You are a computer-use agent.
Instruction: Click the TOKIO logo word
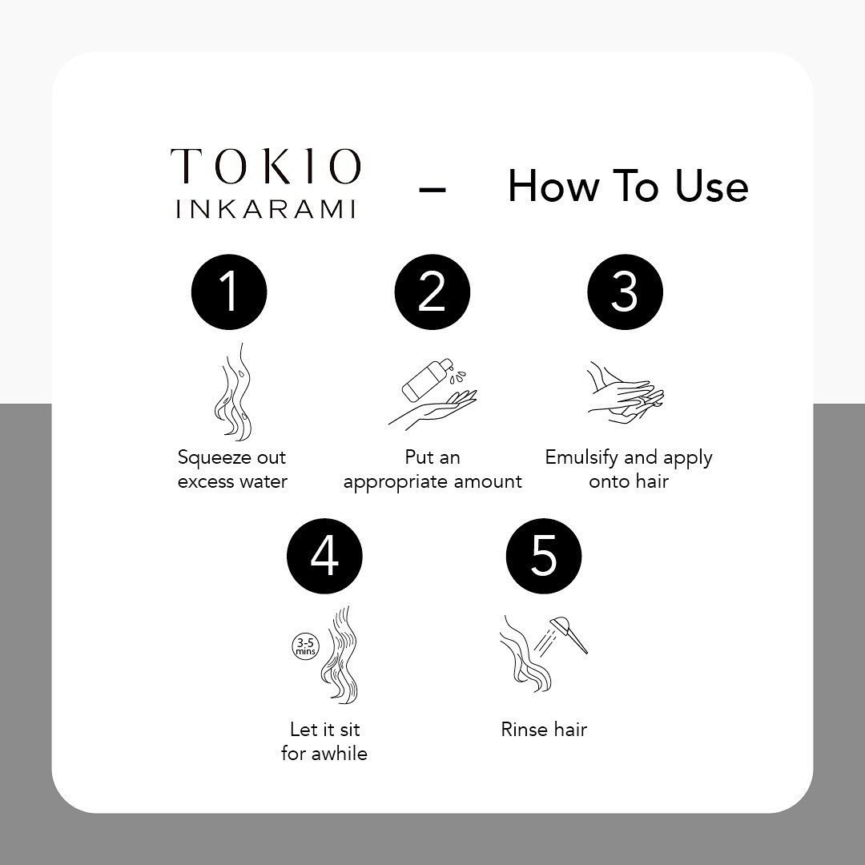click(x=265, y=166)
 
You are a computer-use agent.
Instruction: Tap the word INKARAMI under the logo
click(x=265, y=209)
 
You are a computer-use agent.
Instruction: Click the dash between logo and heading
click(x=432, y=189)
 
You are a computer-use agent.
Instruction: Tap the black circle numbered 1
click(x=229, y=292)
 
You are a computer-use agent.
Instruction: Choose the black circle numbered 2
click(x=432, y=292)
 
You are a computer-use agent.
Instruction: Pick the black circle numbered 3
click(x=625, y=292)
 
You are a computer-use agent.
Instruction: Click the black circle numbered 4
click(x=324, y=556)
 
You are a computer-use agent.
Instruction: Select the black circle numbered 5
click(x=543, y=556)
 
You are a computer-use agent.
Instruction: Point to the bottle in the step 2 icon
click(x=425, y=380)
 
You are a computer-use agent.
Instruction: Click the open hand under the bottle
click(x=434, y=408)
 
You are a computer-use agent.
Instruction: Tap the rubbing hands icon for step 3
click(x=626, y=392)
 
